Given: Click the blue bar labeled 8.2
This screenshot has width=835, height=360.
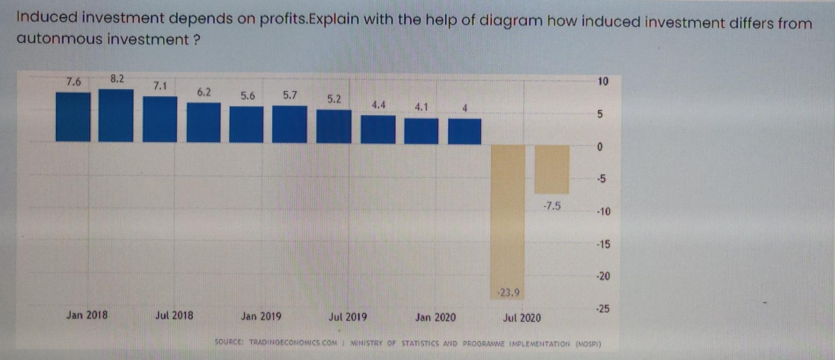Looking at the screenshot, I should click(x=116, y=115).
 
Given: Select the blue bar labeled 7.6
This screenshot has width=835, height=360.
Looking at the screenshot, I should click(x=73, y=117).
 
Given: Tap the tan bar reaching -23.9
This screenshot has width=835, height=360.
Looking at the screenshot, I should click(x=508, y=215).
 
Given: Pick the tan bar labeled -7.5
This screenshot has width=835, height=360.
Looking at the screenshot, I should click(x=552, y=169).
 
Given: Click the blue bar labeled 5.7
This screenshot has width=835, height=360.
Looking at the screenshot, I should click(x=290, y=124).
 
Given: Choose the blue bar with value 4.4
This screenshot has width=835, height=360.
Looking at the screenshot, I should click(x=378, y=130).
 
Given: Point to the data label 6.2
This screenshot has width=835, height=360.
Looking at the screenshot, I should click(x=204, y=93).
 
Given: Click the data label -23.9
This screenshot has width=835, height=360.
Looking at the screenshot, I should click(x=508, y=293).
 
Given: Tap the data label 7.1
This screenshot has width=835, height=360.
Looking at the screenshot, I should click(x=160, y=86).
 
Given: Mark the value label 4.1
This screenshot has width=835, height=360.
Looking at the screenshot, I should click(x=421, y=107).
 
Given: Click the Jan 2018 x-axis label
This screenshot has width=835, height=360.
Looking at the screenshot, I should click(x=87, y=315).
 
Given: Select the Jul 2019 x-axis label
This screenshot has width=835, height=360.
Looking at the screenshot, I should click(x=348, y=317).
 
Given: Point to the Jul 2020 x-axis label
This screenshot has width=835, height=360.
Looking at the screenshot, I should click(x=522, y=318).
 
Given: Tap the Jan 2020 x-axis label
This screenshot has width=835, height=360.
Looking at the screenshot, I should click(x=435, y=317).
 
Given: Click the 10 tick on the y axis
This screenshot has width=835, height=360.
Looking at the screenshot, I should click(x=603, y=81).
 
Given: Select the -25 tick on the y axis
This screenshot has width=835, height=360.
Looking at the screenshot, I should click(x=603, y=309).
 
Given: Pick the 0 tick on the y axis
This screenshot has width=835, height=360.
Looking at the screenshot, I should click(x=600, y=147).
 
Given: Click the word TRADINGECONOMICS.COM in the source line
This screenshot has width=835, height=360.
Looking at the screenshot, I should click(x=293, y=343).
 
